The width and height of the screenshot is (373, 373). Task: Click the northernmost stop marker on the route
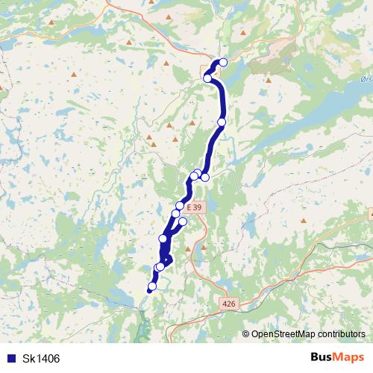pyautogui.click(x=222, y=63)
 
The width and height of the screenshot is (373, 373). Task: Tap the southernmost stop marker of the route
pyautogui.click(x=153, y=286)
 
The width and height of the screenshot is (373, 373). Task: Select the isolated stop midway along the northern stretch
pyautogui.click(x=222, y=122)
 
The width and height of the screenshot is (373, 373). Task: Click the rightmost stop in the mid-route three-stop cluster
pyautogui.click(x=205, y=177)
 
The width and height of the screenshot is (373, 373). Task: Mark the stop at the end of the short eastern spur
pyautogui.click(x=183, y=222)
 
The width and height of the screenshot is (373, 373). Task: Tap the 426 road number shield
pyautogui.click(x=228, y=304)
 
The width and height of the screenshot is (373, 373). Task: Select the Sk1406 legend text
pyautogui.click(x=41, y=359)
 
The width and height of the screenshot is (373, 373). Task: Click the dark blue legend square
pyautogui.click(x=10, y=359)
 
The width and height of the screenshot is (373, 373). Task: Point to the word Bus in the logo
pyautogui.click(x=322, y=358)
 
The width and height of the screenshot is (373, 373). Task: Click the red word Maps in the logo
pyautogui.click(x=349, y=358)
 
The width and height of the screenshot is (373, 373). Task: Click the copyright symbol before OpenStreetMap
pyautogui.click(x=246, y=334)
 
